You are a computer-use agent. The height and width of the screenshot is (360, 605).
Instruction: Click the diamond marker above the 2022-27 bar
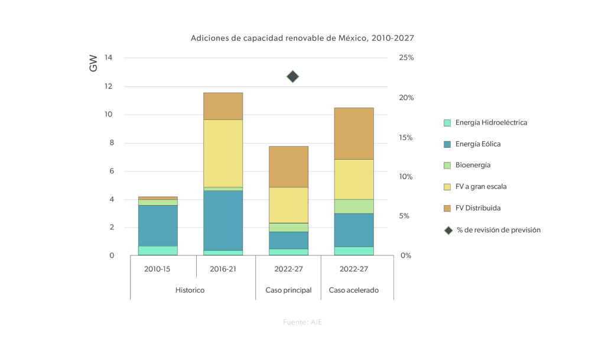click(x=293, y=76)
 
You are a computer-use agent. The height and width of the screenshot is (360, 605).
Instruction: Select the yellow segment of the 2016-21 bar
click(x=223, y=153)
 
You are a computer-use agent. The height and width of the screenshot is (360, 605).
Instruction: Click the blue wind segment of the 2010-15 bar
click(x=158, y=225)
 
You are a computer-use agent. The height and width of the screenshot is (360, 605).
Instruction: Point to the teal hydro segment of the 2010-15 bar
click(x=158, y=251)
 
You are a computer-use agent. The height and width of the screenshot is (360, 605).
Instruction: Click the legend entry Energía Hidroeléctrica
click(x=491, y=123)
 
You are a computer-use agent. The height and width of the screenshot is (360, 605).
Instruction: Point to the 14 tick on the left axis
click(x=108, y=58)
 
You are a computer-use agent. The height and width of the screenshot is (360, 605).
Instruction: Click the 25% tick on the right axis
click(x=406, y=58)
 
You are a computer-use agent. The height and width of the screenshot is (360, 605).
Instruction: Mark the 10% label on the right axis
click(x=406, y=177)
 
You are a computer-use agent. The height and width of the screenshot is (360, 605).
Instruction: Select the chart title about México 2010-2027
click(x=302, y=38)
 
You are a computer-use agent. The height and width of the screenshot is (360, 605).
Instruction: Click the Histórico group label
click(x=190, y=290)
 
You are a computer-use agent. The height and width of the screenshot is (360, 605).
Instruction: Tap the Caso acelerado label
click(x=353, y=290)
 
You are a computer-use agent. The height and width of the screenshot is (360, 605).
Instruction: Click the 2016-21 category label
click(x=223, y=269)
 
